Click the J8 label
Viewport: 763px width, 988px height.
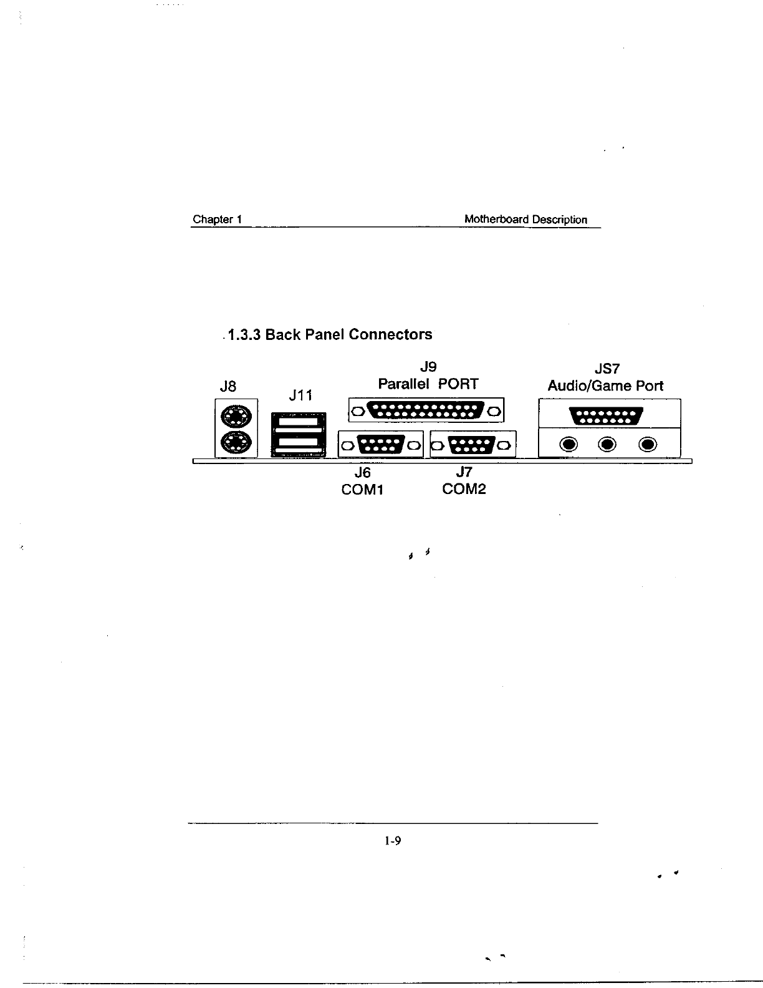[229, 387]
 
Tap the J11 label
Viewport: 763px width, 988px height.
[301, 395]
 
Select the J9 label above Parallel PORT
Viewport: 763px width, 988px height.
[428, 367]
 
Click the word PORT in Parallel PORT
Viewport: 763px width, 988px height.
[458, 384]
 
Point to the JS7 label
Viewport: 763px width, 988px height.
[607, 369]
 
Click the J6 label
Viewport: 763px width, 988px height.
[362, 473]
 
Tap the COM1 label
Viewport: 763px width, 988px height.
[362, 490]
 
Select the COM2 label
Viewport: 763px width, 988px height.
[464, 489]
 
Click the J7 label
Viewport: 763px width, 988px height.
[464, 473]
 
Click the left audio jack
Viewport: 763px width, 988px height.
[568, 445]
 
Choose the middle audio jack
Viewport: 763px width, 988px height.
[608, 445]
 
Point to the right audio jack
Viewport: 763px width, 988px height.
[648, 445]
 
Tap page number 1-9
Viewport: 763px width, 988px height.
[393, 841]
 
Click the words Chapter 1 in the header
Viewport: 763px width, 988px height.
[217, 219]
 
